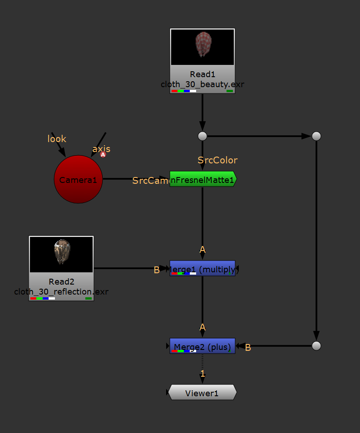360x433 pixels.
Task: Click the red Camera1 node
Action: (x=78, y=179)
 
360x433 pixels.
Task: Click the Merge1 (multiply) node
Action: (x=202, y=268)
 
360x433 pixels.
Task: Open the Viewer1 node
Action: (x=202, y=393)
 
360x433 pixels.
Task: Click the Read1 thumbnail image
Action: (x=202, y=47)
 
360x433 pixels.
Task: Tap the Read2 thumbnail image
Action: (x=61, y=254)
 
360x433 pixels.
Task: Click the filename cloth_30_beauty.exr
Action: (x=202, y=84)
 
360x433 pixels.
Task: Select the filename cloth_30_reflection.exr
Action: (x=61, y=291)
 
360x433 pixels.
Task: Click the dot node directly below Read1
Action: (x=202, y=136)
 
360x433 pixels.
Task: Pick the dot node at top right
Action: (x=316, y=136)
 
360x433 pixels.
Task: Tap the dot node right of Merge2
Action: (x=316, y=346)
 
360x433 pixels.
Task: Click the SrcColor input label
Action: (x=217, y=160)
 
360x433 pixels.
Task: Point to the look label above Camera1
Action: (x=57, y=139)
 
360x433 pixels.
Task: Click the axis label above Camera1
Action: (x=101, y=149)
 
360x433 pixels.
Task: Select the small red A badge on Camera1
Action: (x=103, y=155)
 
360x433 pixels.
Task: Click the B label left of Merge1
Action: (x=157, y=270)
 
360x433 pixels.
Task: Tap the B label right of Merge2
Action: (x=248, y=348)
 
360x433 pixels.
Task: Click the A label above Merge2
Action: (x=202, y=327)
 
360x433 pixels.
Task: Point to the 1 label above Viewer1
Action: (x=203, y=374)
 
